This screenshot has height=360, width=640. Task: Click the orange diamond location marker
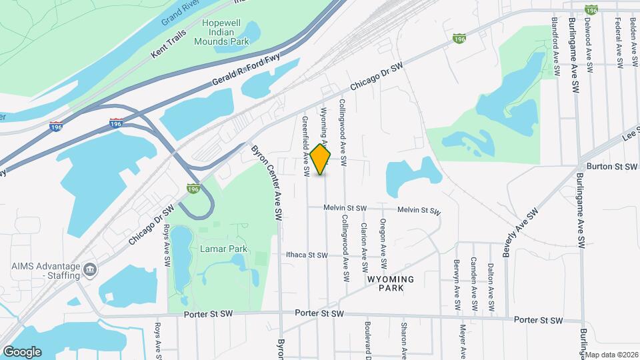click(x=321, y=159)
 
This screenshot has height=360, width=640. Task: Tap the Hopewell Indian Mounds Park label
click(x=221, y=32)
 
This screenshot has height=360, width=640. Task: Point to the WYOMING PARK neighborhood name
click(x=391, y=283)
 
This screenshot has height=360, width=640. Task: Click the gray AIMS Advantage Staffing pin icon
click(x=90, y=270)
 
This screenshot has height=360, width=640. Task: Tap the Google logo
click(x=22, y=351)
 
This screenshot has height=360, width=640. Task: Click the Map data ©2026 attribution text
click(x=611, y=355)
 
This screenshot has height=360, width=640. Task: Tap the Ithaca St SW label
click(x=307, y=255)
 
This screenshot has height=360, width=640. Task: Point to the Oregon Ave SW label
click(x=383, y=237)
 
